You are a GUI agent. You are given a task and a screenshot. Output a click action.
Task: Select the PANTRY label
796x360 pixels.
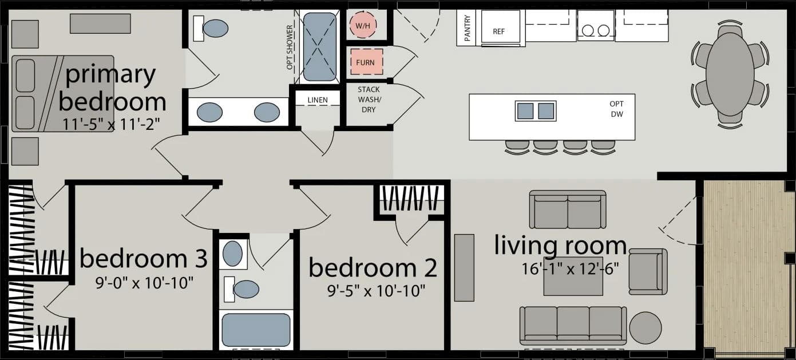tap(468, 28)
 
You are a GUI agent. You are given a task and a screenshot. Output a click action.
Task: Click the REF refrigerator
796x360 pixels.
tap(499, 30)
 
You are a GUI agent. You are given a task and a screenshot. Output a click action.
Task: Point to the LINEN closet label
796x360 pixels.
tap(318, 100)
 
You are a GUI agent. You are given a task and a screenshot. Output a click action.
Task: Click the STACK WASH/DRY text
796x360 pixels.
tap(369, 100)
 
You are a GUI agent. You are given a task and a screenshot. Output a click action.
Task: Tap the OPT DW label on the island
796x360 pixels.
tap(616, 109)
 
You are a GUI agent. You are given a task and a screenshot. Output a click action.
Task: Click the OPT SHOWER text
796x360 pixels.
tap(290, 48)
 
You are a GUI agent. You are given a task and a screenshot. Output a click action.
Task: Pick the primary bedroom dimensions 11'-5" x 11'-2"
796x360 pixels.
tap(113, 122)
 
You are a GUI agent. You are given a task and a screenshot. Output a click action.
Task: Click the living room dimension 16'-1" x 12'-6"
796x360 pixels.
tap(569, 268)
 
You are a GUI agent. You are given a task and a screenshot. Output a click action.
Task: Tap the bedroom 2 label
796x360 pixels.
tap(373, 268)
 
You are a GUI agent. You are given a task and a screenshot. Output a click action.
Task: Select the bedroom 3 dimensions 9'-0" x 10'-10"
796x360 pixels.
tap(144, 282)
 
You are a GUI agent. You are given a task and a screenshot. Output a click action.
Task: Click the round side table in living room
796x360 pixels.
tap(645, 328)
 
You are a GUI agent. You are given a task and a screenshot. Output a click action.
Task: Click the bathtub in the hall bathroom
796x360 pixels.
tap(256, 330)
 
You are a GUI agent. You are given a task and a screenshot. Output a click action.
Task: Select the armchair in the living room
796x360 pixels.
tap(647, 271)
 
